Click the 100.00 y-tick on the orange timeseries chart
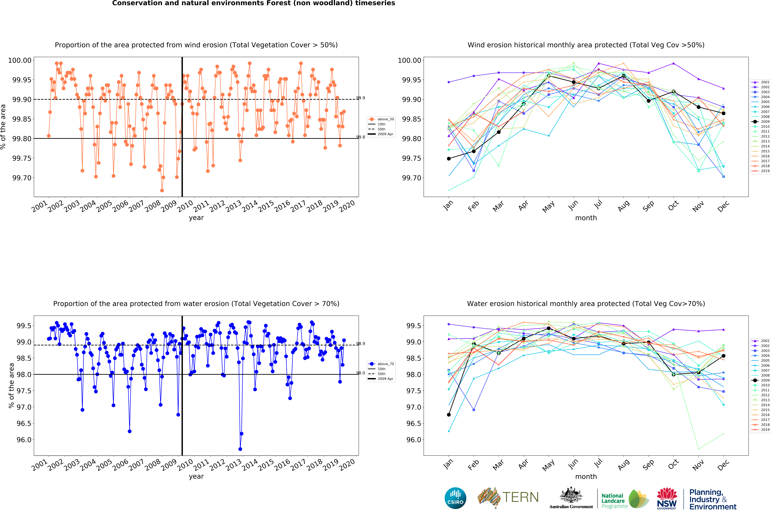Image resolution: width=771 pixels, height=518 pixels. pyautogui.click(x=20, y=60)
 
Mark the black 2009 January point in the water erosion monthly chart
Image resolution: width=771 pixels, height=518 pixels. pyautogui.click(x=449, y=415)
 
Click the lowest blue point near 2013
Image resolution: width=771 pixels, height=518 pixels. pyautogui.click(x=240, y=449)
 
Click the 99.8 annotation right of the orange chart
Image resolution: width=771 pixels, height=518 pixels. pyautogui.click(x=361, y=137)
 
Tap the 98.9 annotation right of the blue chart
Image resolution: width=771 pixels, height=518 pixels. pyautogui.click(x=361, y=344)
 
